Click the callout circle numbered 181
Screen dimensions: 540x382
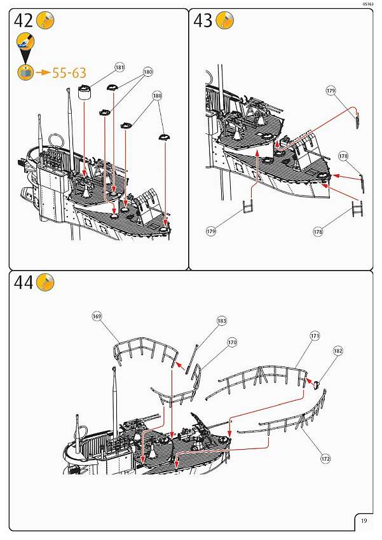coord(119,67)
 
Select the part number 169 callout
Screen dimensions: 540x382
coord(97,316)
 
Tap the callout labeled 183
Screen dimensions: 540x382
coord(222,321)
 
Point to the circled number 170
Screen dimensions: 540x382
coord(232,342)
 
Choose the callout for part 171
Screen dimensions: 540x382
coord(315,335)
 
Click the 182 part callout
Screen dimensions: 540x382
coord(338,350)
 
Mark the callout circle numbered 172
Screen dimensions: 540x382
coord(325,457)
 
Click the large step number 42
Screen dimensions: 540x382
coord(23,21)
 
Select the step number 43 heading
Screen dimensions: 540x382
coord(203,21)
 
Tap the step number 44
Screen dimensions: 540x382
coord(23,283)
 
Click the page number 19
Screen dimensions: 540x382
coord(363,521)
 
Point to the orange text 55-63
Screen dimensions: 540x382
coord(69,73)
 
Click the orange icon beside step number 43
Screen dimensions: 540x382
coord(224,21)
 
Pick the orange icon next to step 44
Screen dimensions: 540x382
coord(45,283)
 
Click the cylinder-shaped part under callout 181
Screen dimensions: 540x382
coord(85,92)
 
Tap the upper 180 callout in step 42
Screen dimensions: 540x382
coord(148,72)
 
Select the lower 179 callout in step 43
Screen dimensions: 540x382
coord(211,231)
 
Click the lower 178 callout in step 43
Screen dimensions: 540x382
coord(318,232)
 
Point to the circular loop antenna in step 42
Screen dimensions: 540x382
coord(55,140)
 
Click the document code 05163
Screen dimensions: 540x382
coord(368,4)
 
